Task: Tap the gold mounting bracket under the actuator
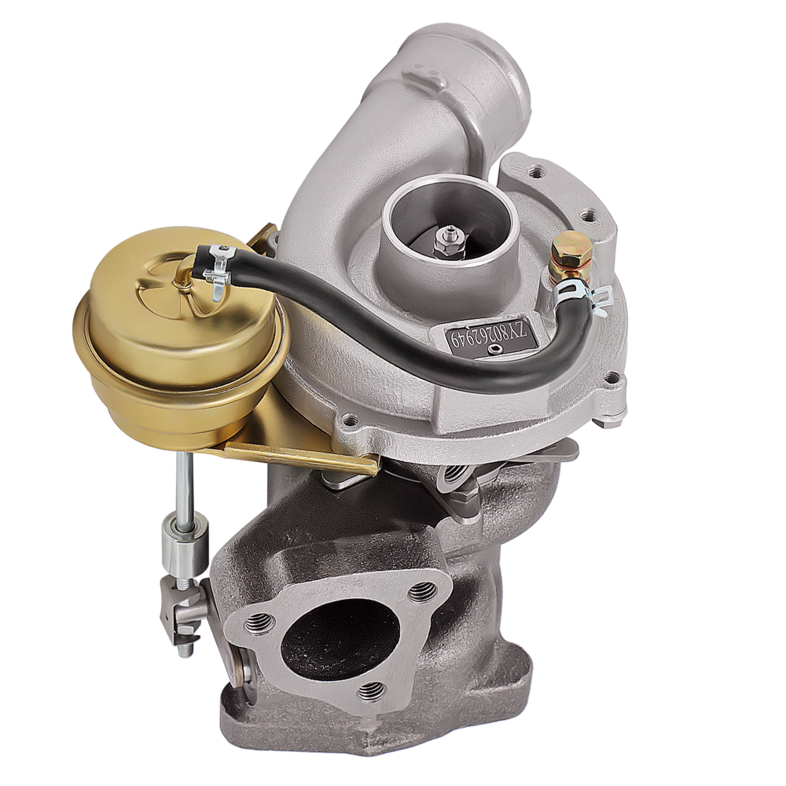(x=299, y=456)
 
